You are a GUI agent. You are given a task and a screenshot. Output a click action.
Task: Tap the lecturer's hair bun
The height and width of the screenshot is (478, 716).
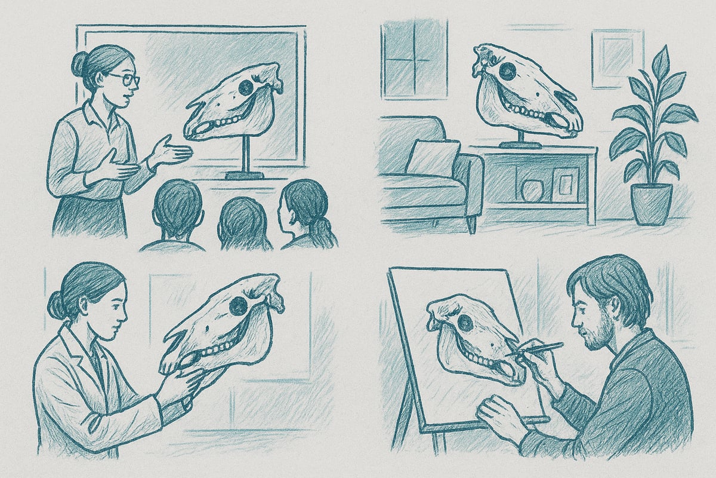click(x=79, y=63)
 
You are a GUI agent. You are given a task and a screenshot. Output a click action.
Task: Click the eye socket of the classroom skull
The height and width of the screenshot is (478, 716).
click(x=245, y=88)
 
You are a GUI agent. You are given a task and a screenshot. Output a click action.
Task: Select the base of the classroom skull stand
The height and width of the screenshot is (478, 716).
click(x=244, y=174)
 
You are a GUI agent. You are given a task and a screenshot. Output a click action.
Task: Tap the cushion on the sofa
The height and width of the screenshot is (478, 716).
click(x=432, y=157)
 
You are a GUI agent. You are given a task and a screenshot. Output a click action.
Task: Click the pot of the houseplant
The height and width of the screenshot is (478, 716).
click(x=652, y=203)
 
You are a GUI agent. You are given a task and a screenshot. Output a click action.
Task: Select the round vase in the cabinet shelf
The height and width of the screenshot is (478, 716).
click(x=530, y=191)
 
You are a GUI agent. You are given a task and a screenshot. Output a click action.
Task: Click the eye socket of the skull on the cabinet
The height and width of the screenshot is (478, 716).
click(x=508, y=71)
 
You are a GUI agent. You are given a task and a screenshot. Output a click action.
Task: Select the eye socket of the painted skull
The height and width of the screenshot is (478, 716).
click(x=464, y=323)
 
